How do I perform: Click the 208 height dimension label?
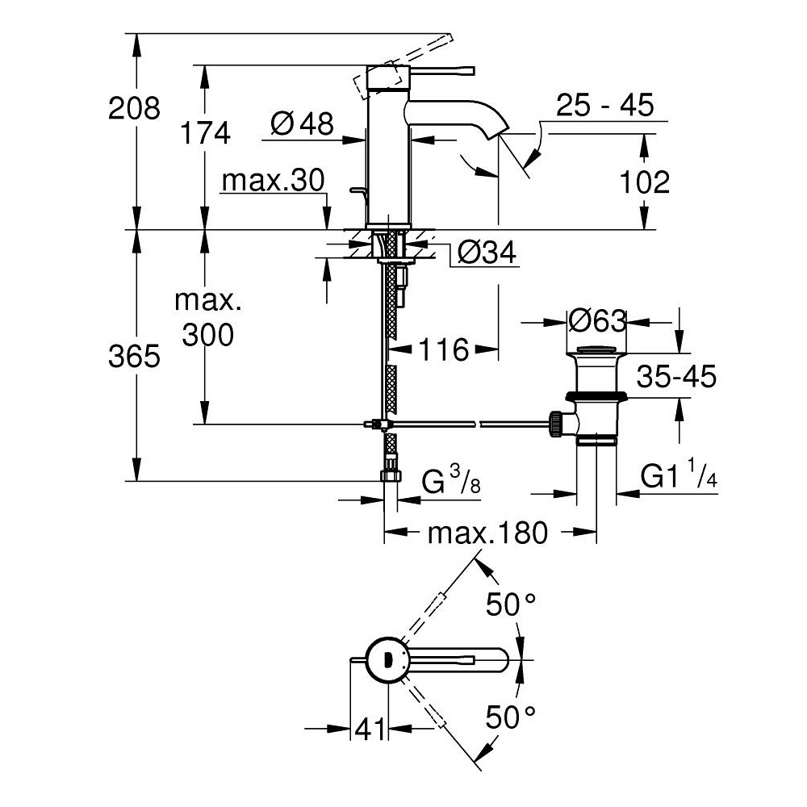pos(136,107)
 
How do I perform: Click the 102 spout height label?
pos(645,182)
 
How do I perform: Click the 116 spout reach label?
pos(443,349)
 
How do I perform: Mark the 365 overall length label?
pos(136,356)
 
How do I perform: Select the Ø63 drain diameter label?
pos(597,321)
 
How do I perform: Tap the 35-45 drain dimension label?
pos(676,375)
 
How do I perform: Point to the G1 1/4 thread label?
pos(679,478)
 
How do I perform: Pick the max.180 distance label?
pos(487,533)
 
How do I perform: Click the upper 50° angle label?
pos(509,603)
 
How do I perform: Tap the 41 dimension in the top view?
pos(370,730)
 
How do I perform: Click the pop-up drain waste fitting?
pos(596,395)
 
